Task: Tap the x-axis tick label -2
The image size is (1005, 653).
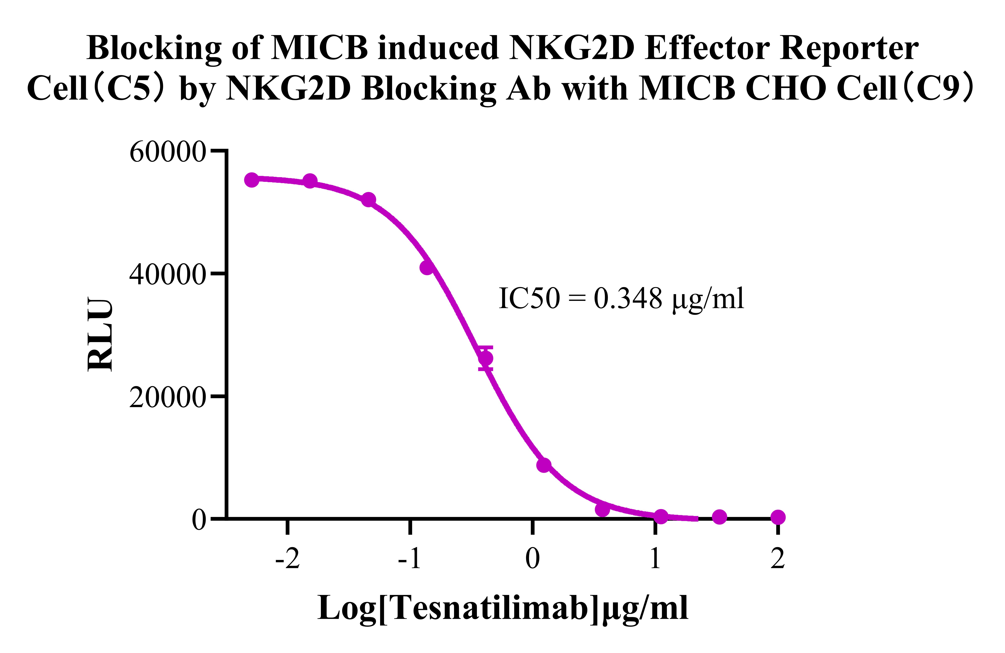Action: click(287, 559)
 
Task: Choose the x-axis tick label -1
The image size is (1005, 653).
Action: click(410, 559)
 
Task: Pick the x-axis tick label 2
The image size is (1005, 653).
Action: click(777, 559)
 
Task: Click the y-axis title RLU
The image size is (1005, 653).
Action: click(100, 335)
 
